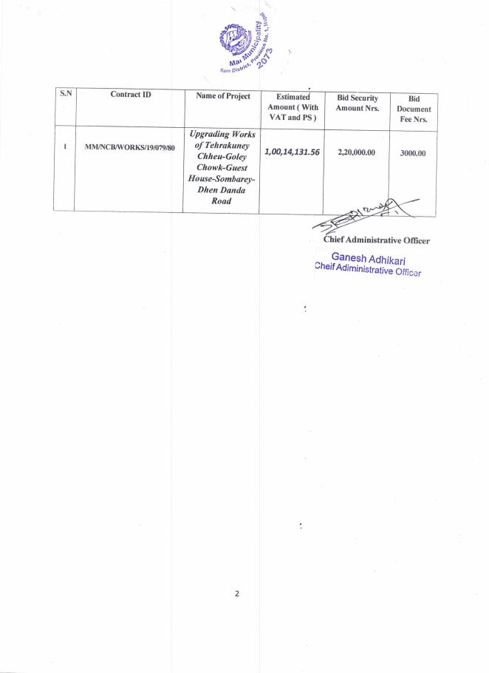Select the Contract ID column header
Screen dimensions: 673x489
(130, 95)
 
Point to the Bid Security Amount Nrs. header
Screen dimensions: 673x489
(358, 103)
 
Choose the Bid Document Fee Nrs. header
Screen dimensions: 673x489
(414, 108)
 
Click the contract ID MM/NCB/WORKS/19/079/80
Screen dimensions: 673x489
(129, 148)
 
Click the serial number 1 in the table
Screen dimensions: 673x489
(65, 147)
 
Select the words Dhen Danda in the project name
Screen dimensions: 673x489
(221, 189)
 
